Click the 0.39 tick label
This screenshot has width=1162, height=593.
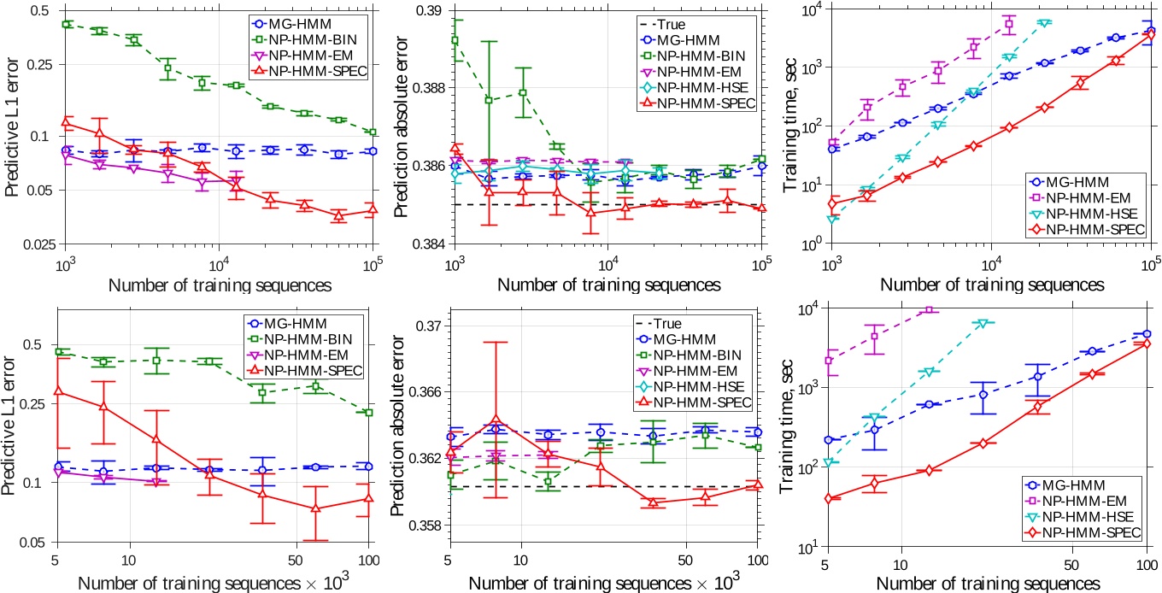[431, 10]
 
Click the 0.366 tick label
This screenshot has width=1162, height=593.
[426, 392]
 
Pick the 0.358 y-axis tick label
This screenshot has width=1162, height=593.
[426, 525]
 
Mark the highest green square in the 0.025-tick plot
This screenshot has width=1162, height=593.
[66, 24]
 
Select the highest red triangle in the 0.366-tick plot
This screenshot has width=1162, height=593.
[496, 420]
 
